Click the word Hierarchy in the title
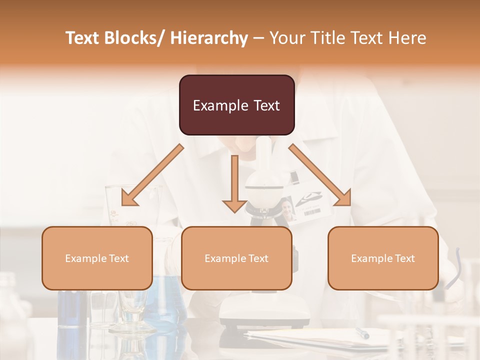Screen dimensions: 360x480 click(209, 38)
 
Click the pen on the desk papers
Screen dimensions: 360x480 click(362, 333)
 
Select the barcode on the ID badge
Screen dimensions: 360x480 click(311, 212)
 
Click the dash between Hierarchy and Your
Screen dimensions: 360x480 click(258, 38)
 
